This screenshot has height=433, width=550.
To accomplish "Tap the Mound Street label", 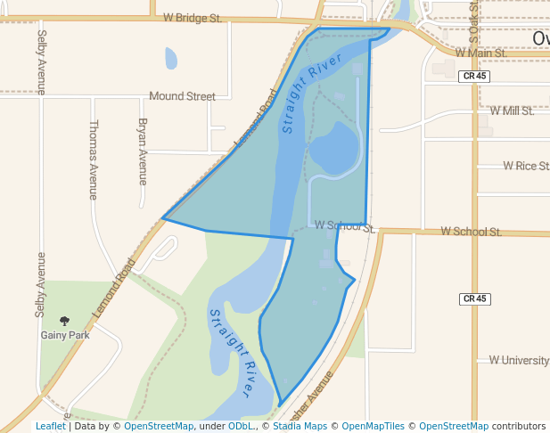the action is click(182, 96).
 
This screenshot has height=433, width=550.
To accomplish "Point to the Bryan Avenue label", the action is click(142, 151).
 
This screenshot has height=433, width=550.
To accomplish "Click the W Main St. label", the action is click(480, 53).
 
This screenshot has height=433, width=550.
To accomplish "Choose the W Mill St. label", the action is click(512, 111).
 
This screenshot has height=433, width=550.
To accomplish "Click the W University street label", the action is click(518, 360).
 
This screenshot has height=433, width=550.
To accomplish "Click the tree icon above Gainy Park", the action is click(64, 320).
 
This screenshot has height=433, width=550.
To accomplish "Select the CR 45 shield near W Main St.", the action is click(475, 77).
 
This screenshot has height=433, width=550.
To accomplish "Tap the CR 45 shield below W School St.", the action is click(475, 298).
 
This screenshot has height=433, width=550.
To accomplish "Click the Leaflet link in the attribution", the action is click(50, 427).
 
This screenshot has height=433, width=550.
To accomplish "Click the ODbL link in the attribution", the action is click(240, 427).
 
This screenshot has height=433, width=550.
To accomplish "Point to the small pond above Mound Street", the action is click(170, 59).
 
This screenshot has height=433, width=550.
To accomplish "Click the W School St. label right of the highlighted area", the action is click(470, 232).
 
